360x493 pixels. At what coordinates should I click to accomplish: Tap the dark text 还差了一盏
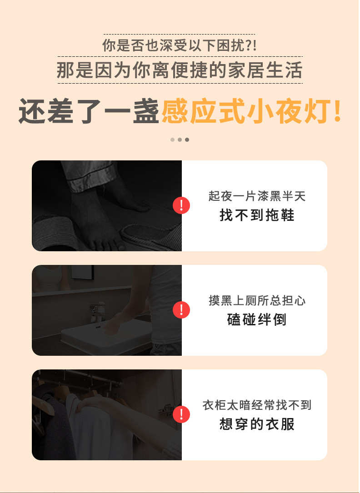pyautogui.click(x=89, y=112)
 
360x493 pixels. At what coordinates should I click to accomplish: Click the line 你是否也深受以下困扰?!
pyautogui.click(x=180, y=45)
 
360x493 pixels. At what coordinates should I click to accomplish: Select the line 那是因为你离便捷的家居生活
pyautogui.click(x=180, y=70)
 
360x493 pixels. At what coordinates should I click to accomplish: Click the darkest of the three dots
pyautogui.click(x=187, y=139)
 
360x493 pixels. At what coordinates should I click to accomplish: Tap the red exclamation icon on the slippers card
pyautogui.click(x=181, y=206)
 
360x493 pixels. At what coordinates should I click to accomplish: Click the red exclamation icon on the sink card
pyautogui.click(x=181, y=310)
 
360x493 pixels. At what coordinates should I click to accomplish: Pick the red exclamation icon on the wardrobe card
pyautogui.click(x=181, y=414)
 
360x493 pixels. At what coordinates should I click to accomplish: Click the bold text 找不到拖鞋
pyautogui.click(x=257, y=216)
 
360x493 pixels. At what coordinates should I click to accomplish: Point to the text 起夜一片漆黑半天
pyautogui.click(x=257, y=196)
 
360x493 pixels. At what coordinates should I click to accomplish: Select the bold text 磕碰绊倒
pyautogui.click(x=257, y=320)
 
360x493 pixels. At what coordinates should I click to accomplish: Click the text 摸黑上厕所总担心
pyautogui.click(x=257, y=301)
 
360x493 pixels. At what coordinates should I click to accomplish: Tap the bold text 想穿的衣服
pyautogui.click(x=257, y=424)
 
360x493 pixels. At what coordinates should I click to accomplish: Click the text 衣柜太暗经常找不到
pyautogui.click(x=257, y=405)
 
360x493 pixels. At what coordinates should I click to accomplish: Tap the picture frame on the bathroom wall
pyautogui.click(x=82, y=272)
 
